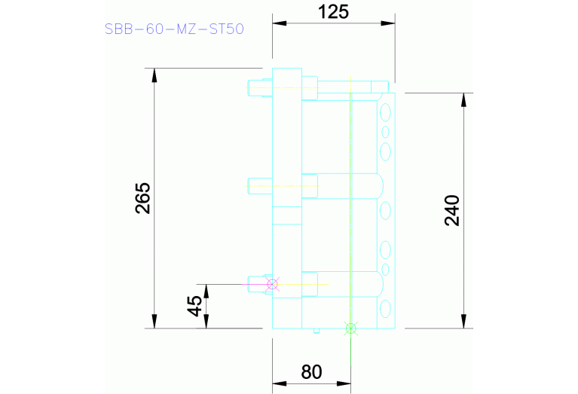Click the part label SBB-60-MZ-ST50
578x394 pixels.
tap(174, 30)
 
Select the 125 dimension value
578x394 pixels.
tap(334, 11)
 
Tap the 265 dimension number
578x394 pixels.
tap(143, 198)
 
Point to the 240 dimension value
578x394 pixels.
tap(451, 211)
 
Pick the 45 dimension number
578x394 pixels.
tap(194, 306)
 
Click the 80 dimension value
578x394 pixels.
tap(311, 372)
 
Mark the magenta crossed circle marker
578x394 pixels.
tap(273, 284)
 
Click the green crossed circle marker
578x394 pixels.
tap(350, 328)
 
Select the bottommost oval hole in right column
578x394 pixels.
tap(386, 308)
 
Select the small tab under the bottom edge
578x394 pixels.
tap(316, 331)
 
